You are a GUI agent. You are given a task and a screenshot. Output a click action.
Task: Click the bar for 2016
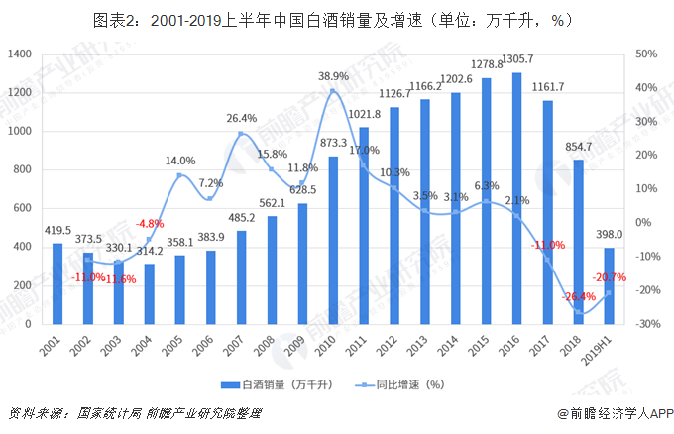point(515,198)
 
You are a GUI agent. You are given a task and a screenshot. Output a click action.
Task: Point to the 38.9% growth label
point(333,76)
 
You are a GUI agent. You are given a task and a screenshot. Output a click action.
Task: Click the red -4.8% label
point(149,223)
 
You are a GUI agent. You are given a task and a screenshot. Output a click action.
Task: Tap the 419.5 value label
point(57,231)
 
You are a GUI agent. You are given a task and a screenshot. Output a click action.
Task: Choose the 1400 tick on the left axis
point(20,54)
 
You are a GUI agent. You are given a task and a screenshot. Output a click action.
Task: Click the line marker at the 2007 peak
point(241,135)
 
